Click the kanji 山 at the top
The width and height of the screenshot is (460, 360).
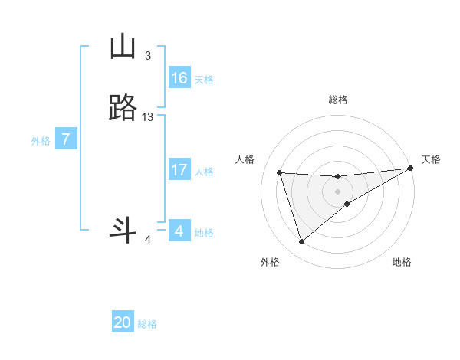coord(123,47)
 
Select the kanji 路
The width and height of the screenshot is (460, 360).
coord(123,109)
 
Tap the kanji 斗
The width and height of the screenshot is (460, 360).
coord(123,231)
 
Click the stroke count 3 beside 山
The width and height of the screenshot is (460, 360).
coord(148,56)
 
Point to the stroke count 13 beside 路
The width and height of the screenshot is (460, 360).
coord(148,117)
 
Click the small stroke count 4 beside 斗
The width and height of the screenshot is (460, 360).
coord(148,240)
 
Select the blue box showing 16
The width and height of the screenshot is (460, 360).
coord(179,78)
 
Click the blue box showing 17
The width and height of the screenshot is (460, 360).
coord(179,170)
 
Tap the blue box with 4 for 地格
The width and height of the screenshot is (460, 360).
coord(179,231)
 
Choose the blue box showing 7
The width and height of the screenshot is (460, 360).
coord(67,139)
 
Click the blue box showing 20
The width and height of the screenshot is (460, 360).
coord(123,322)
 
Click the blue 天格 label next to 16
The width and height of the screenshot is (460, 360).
coord(204,80)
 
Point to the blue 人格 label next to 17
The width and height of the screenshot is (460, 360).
coord(204,172)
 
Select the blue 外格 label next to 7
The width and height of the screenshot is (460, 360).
coord(41,141)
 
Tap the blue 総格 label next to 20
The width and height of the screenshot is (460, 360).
coord(147,324)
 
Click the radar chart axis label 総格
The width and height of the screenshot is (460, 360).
coord(338,100)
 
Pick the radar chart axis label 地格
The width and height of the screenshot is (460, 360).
coord(402,262)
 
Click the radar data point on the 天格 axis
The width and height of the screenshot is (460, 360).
coord(411,169)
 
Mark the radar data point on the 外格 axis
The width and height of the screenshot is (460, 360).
coord(301,242)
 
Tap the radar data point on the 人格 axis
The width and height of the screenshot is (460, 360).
coord(279,172)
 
